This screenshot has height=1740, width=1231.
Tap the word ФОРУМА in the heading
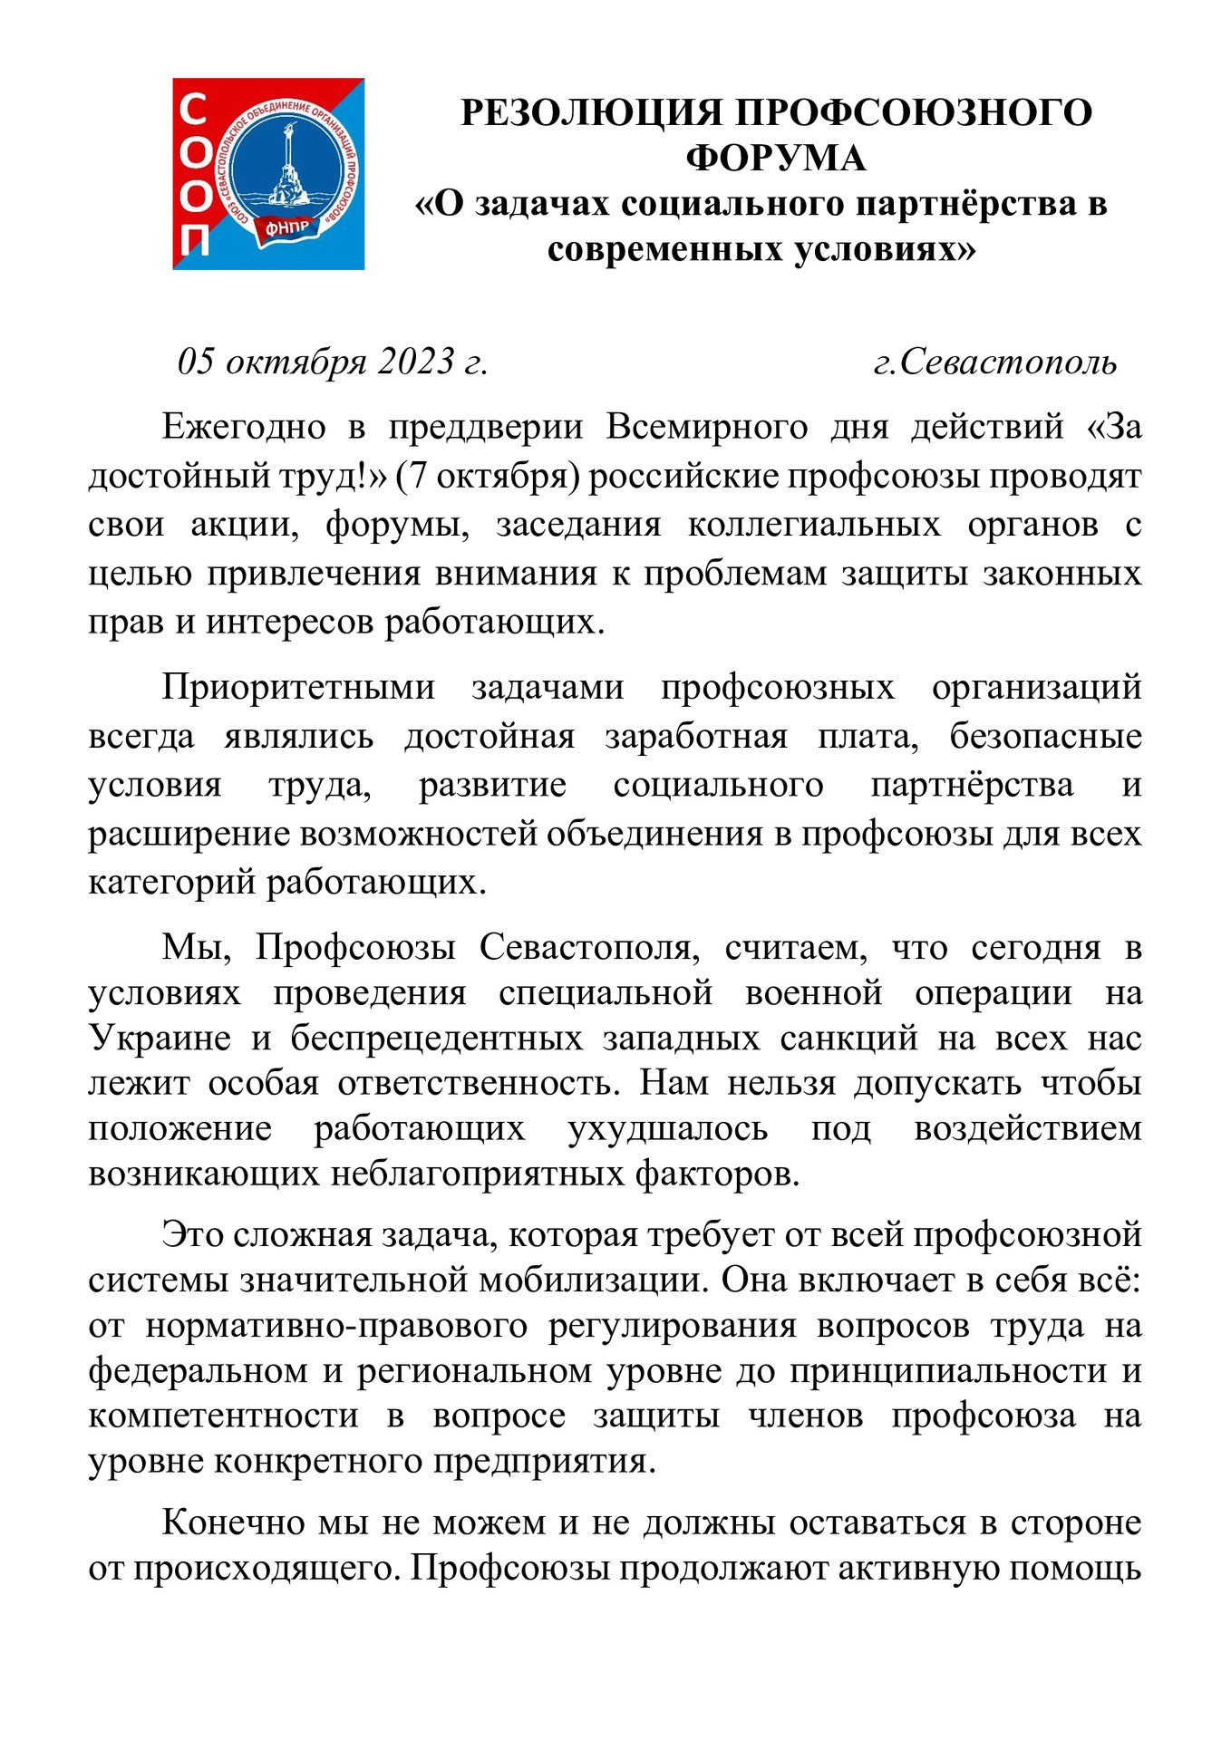(776, 159)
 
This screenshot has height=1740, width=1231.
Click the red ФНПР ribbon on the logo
(286, 227)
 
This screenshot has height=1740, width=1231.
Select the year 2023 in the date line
(416, 362)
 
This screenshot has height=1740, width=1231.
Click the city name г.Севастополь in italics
(994, 362)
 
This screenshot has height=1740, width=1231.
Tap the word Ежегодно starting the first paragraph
(243, 426)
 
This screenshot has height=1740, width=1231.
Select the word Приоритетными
(298, 687)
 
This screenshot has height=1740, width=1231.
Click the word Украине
(160, 1038)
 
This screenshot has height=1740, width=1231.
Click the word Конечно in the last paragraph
(233, 1522)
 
